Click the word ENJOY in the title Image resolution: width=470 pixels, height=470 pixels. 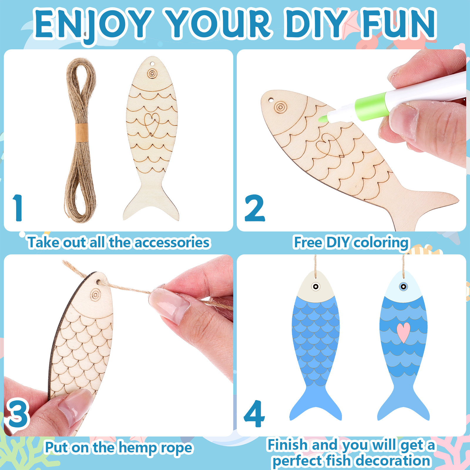[93, 26]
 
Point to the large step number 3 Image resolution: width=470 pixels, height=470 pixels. [18, 414]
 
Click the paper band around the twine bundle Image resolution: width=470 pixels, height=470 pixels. [81, 132]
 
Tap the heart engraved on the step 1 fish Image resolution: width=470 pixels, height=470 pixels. [152, 124]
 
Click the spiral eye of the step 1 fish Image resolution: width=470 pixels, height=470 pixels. [152, 74]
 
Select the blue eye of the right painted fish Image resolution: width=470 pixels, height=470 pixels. [404, 286]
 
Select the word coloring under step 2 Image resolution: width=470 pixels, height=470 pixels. [381, 243]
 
